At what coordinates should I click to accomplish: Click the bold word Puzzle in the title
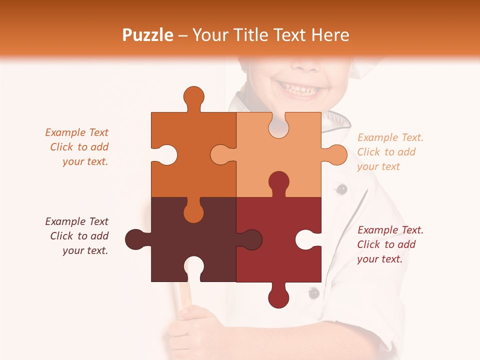click(x=148, y=35)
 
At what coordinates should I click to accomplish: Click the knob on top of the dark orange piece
click(x=193, y=97)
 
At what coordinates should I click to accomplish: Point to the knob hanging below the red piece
click(x=278, y=297)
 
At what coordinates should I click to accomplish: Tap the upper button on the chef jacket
click(x=341, y=189)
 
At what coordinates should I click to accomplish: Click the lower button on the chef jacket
click(x=313, y=293)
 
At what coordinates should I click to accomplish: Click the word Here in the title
click(x=330, y=35)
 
